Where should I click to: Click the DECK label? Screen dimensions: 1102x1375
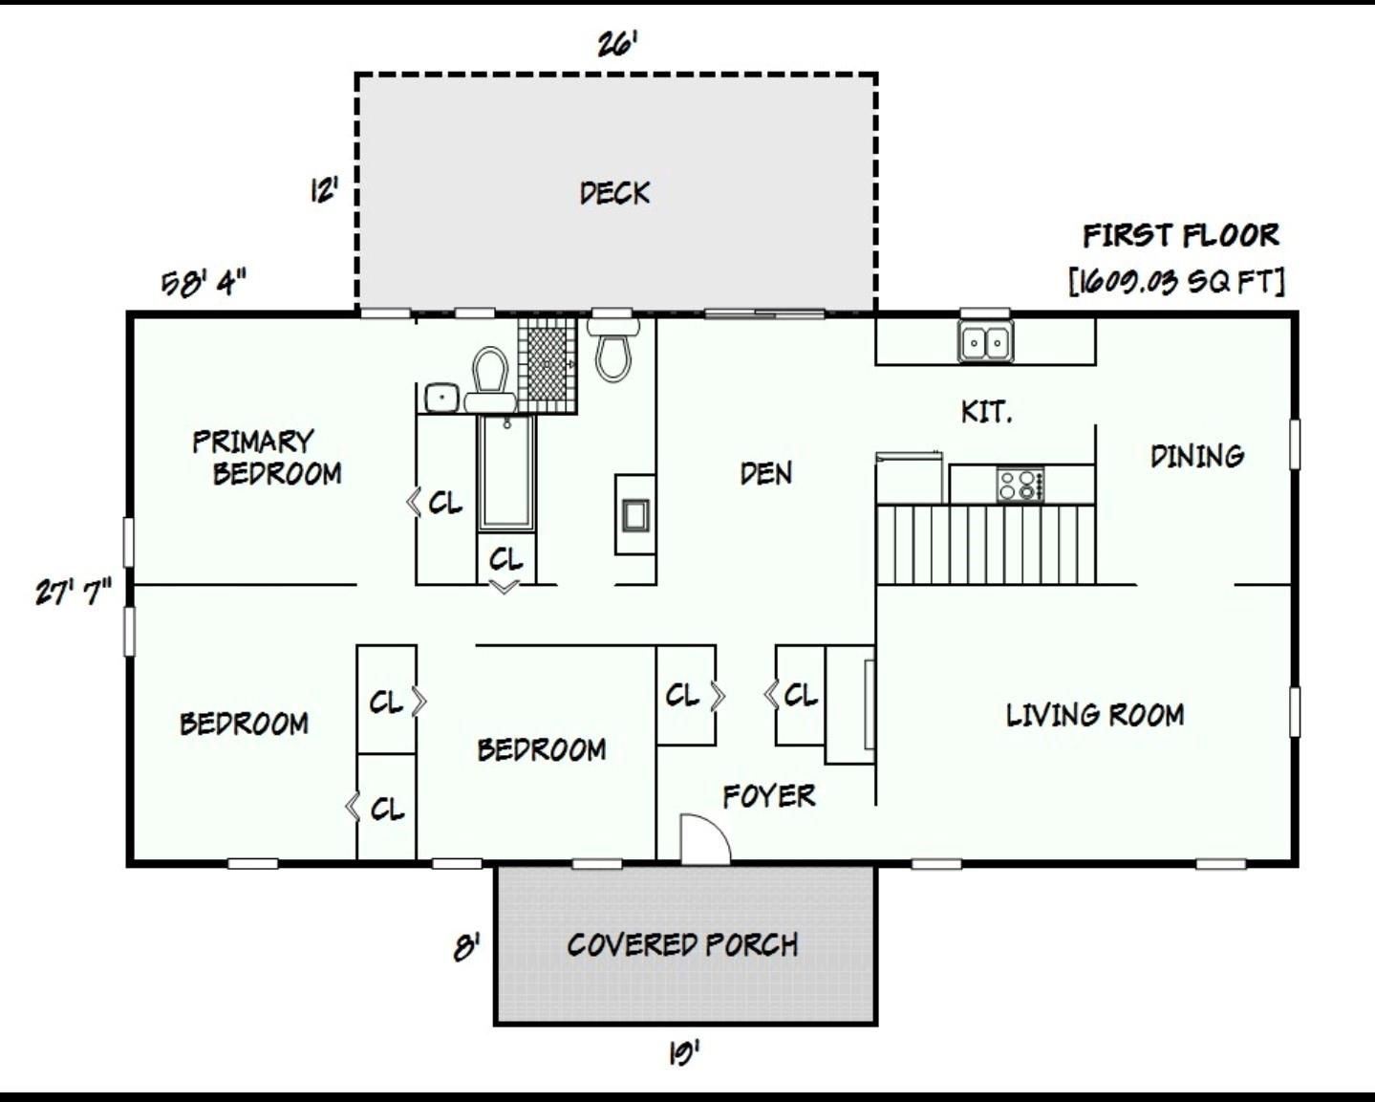(614, 193)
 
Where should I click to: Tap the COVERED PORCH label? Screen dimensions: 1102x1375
(682, 945)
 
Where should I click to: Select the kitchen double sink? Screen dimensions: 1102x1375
(985, 341)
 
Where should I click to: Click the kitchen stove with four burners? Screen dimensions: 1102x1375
(1020, 485)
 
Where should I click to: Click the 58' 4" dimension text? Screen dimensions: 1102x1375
(204, 283)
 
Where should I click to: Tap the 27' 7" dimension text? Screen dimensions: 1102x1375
(73, 592)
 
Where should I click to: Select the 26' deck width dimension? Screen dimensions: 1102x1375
(616, 44)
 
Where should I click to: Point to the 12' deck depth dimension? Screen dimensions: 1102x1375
(323, 191)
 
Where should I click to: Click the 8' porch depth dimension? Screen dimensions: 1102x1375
(465, 949)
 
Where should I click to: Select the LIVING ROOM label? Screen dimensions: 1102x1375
(1094, 715)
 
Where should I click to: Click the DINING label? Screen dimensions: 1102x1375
(1196, 456)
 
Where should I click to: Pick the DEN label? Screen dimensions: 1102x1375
(765, 473)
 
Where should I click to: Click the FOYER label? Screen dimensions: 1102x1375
(768, 795)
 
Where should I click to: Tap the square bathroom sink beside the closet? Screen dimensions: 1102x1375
(440, 397)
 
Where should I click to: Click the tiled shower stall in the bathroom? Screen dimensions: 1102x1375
(547, 364)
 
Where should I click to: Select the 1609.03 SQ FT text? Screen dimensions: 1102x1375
(1176, 281)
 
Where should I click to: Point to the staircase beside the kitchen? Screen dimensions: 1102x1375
(985, 544)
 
